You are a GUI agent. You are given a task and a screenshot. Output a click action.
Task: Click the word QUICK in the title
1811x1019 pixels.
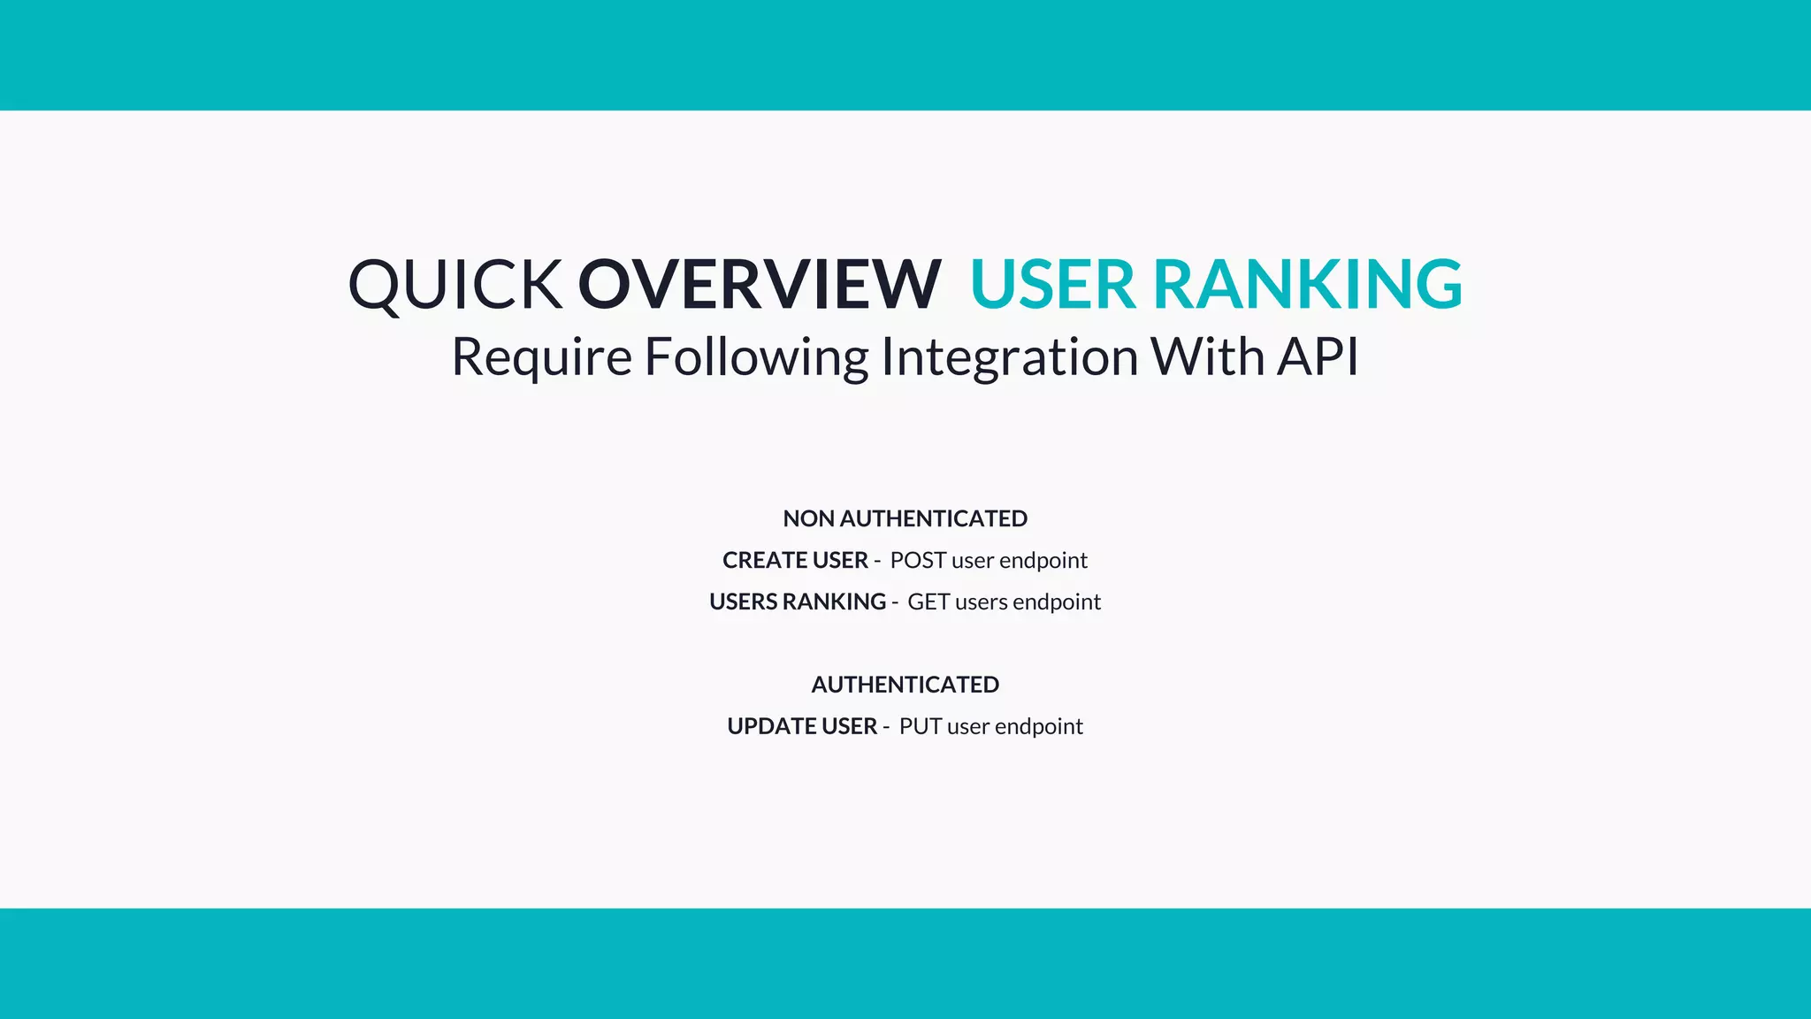[x=455, y=285]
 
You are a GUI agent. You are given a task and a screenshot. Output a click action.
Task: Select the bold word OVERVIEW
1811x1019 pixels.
[x=759, y=285]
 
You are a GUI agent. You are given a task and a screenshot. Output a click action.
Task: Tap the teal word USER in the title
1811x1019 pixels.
[x=1052, y=285]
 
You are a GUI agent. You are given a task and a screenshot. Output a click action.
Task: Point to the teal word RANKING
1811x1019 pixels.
[x=1308, y=285]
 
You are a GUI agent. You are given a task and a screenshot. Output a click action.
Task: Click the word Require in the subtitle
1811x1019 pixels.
[x=541, y=357]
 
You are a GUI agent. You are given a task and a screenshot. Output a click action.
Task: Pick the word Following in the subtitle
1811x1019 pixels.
[x=757, y=357]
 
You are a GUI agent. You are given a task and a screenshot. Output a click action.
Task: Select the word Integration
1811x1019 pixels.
[x=1010, y=357]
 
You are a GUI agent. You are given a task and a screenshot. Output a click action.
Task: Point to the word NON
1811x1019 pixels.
[x=808, y=518]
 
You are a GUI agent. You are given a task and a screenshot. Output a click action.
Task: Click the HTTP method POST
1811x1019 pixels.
[x=918, y=560]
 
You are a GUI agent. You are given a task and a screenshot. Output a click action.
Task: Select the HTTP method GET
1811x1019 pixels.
[x=928, y=601]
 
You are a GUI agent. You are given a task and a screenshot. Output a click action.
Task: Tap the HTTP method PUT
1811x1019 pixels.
[x=921, y=726]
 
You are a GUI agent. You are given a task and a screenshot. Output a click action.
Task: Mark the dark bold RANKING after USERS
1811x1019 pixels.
[x=834, y=601]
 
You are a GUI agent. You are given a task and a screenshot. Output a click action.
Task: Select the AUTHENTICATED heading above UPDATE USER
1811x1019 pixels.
[x=905, y=685]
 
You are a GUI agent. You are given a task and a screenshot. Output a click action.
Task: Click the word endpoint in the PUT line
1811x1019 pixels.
[x=1039, y=726]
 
